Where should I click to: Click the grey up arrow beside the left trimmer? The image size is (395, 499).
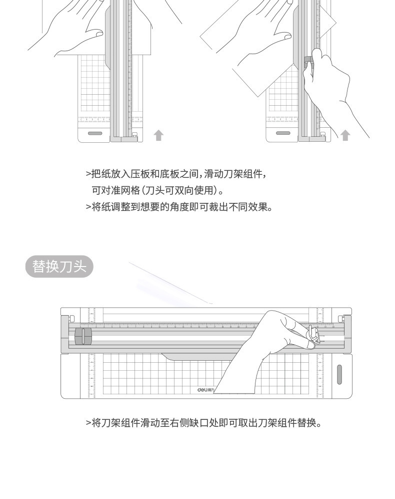coord(158,135)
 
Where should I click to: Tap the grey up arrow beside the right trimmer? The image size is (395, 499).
coord(345,135)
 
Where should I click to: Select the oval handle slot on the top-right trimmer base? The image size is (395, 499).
coord(283,133)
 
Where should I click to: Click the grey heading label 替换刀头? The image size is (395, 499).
coord(59,267)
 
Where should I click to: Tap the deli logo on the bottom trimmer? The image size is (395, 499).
coord(205,390)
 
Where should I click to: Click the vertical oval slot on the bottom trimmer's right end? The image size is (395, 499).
coord(339,374)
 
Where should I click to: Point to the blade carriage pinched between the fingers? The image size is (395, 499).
coord(312,336)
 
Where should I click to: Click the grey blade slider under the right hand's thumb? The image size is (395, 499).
coord(308,62)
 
